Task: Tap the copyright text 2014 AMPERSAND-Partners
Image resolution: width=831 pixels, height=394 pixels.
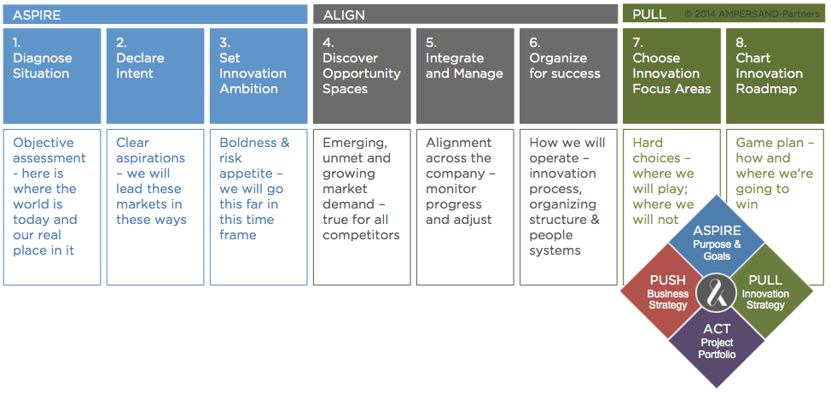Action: click(752, 15)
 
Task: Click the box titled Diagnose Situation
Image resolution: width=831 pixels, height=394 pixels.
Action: click(52, 76)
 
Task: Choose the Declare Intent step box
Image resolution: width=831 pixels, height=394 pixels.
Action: click(155, 76)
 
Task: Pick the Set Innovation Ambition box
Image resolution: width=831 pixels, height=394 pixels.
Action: click(259, 76)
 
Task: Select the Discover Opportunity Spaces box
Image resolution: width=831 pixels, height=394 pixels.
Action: click(362, 76)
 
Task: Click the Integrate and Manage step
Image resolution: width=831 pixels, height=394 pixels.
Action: click(465, 76)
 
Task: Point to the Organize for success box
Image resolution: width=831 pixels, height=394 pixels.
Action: click(569, 76)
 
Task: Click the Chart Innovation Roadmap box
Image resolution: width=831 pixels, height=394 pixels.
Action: click(776, 76)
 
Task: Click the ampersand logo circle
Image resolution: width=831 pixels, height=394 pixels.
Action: click(717, 291)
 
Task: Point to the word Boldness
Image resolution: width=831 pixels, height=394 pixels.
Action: click(248, 143)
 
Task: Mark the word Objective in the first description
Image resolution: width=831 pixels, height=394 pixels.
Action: click(44, 144)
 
